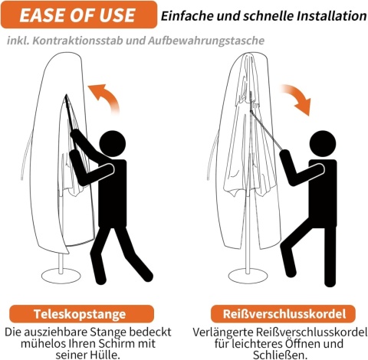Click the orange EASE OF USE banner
(x=79, y=15)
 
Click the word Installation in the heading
(x=331, y=16)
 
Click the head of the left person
(x=113, y=144)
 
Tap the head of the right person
(x=323, y=144)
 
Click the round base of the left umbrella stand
(x=61, y=277)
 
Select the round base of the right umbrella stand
(x=248, y=276)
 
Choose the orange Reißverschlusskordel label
(x=283, y=314)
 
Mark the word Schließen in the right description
(x=280, y=355)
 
